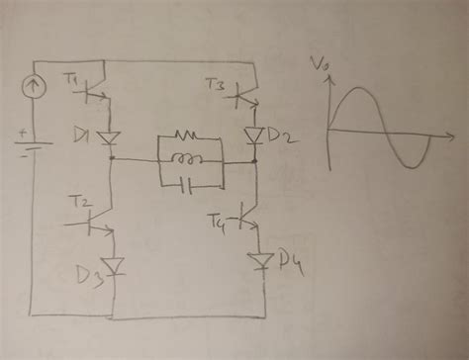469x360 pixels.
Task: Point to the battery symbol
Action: tap(31, 148)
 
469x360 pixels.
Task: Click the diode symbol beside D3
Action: tap(115, 265)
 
